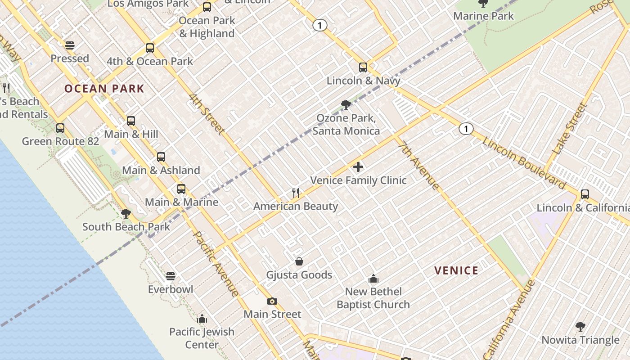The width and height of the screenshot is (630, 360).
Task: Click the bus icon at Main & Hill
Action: pyautogui.click(x=131, y=121)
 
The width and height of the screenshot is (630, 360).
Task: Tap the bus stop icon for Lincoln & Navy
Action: pyautogui.click(x=363, y=67)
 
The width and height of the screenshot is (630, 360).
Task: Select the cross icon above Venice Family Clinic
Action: pyautogui.click(x=358, y=167)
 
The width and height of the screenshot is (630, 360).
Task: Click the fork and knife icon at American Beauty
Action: pyautogui.click(x=296, y=193)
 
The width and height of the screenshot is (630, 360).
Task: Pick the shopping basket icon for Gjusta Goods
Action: pyautogui.click(x=299, y=261)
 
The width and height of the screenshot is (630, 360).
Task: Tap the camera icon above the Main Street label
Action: pyautogui.click(x=272, y=301)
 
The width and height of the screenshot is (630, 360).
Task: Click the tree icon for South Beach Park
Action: pyautogui.click(x=126, y=213)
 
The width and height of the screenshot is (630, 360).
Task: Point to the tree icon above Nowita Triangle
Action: pyautogui.click(x=580, y=326)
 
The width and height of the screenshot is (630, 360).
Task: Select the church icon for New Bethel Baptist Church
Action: pyautogui.click(x=373, y=279)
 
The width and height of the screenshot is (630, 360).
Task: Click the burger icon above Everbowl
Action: pyautogui.click(x=171, y=276)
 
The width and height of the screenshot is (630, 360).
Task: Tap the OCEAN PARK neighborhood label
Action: pyautogui.click(x=104, y=89)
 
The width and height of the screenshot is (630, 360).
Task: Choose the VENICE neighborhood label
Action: pyautogui.click(x=456, y=270)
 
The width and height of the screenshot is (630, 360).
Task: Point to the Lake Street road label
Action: pyautogui.click(x=570, y=129)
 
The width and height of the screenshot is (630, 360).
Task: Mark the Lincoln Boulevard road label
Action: pyautogui.click(x=524, y=163)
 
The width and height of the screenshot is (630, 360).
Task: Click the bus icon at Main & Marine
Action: pyautogui.click(x=181, y=189)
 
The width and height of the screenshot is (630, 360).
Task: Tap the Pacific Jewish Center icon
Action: pyautogui.click(x=202, y=319)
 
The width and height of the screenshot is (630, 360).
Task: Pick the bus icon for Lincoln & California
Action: pyautogui.click(x=585, y=194)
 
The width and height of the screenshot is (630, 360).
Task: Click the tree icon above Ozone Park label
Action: pyautogui.click(x=346, y=105)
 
